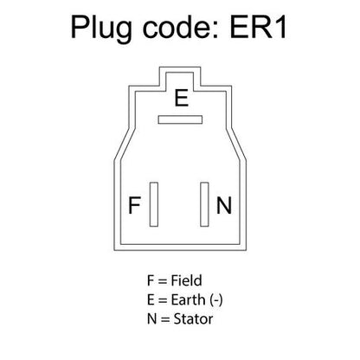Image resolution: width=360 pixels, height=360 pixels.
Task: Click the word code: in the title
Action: click(x=181, y=28)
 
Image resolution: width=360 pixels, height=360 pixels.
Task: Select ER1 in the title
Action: click(x=258, y=28)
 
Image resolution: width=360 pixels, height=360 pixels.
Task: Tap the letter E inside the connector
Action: click(x=182, y=98)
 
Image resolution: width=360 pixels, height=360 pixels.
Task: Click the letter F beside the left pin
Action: click(x=134, y=205)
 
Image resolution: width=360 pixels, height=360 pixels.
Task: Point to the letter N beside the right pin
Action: click(x=224, y=205)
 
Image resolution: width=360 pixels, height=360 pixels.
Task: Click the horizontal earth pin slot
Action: click(x=180, y=119)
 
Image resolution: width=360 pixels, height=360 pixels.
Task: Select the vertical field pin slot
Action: click(x=154, y=204)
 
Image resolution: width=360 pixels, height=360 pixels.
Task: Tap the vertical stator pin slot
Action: click(x=204, y=204)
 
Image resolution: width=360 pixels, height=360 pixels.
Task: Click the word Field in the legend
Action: click(x=186, y=280)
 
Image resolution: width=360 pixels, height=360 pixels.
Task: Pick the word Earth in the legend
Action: click(x=188, y=300)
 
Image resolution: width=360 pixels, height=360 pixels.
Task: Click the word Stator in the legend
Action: click(x=193, y=319)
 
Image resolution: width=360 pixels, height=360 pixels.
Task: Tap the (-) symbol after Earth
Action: click(x=216, y=300)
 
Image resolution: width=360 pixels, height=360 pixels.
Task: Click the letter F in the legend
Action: click(x=151, y=280)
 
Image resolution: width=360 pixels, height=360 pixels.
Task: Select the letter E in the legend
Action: click(x=151, y=300)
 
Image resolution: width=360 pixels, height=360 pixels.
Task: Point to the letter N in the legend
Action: click(x=151, y=319)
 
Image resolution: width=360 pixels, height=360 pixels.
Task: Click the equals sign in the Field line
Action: click(x=162, y=281)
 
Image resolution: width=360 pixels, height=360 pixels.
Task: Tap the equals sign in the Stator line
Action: click(x=165, y=320)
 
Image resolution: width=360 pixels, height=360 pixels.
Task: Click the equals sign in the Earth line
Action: click(x=163, y=301)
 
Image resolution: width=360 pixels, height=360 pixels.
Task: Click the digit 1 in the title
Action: click(x=280, y=28)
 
